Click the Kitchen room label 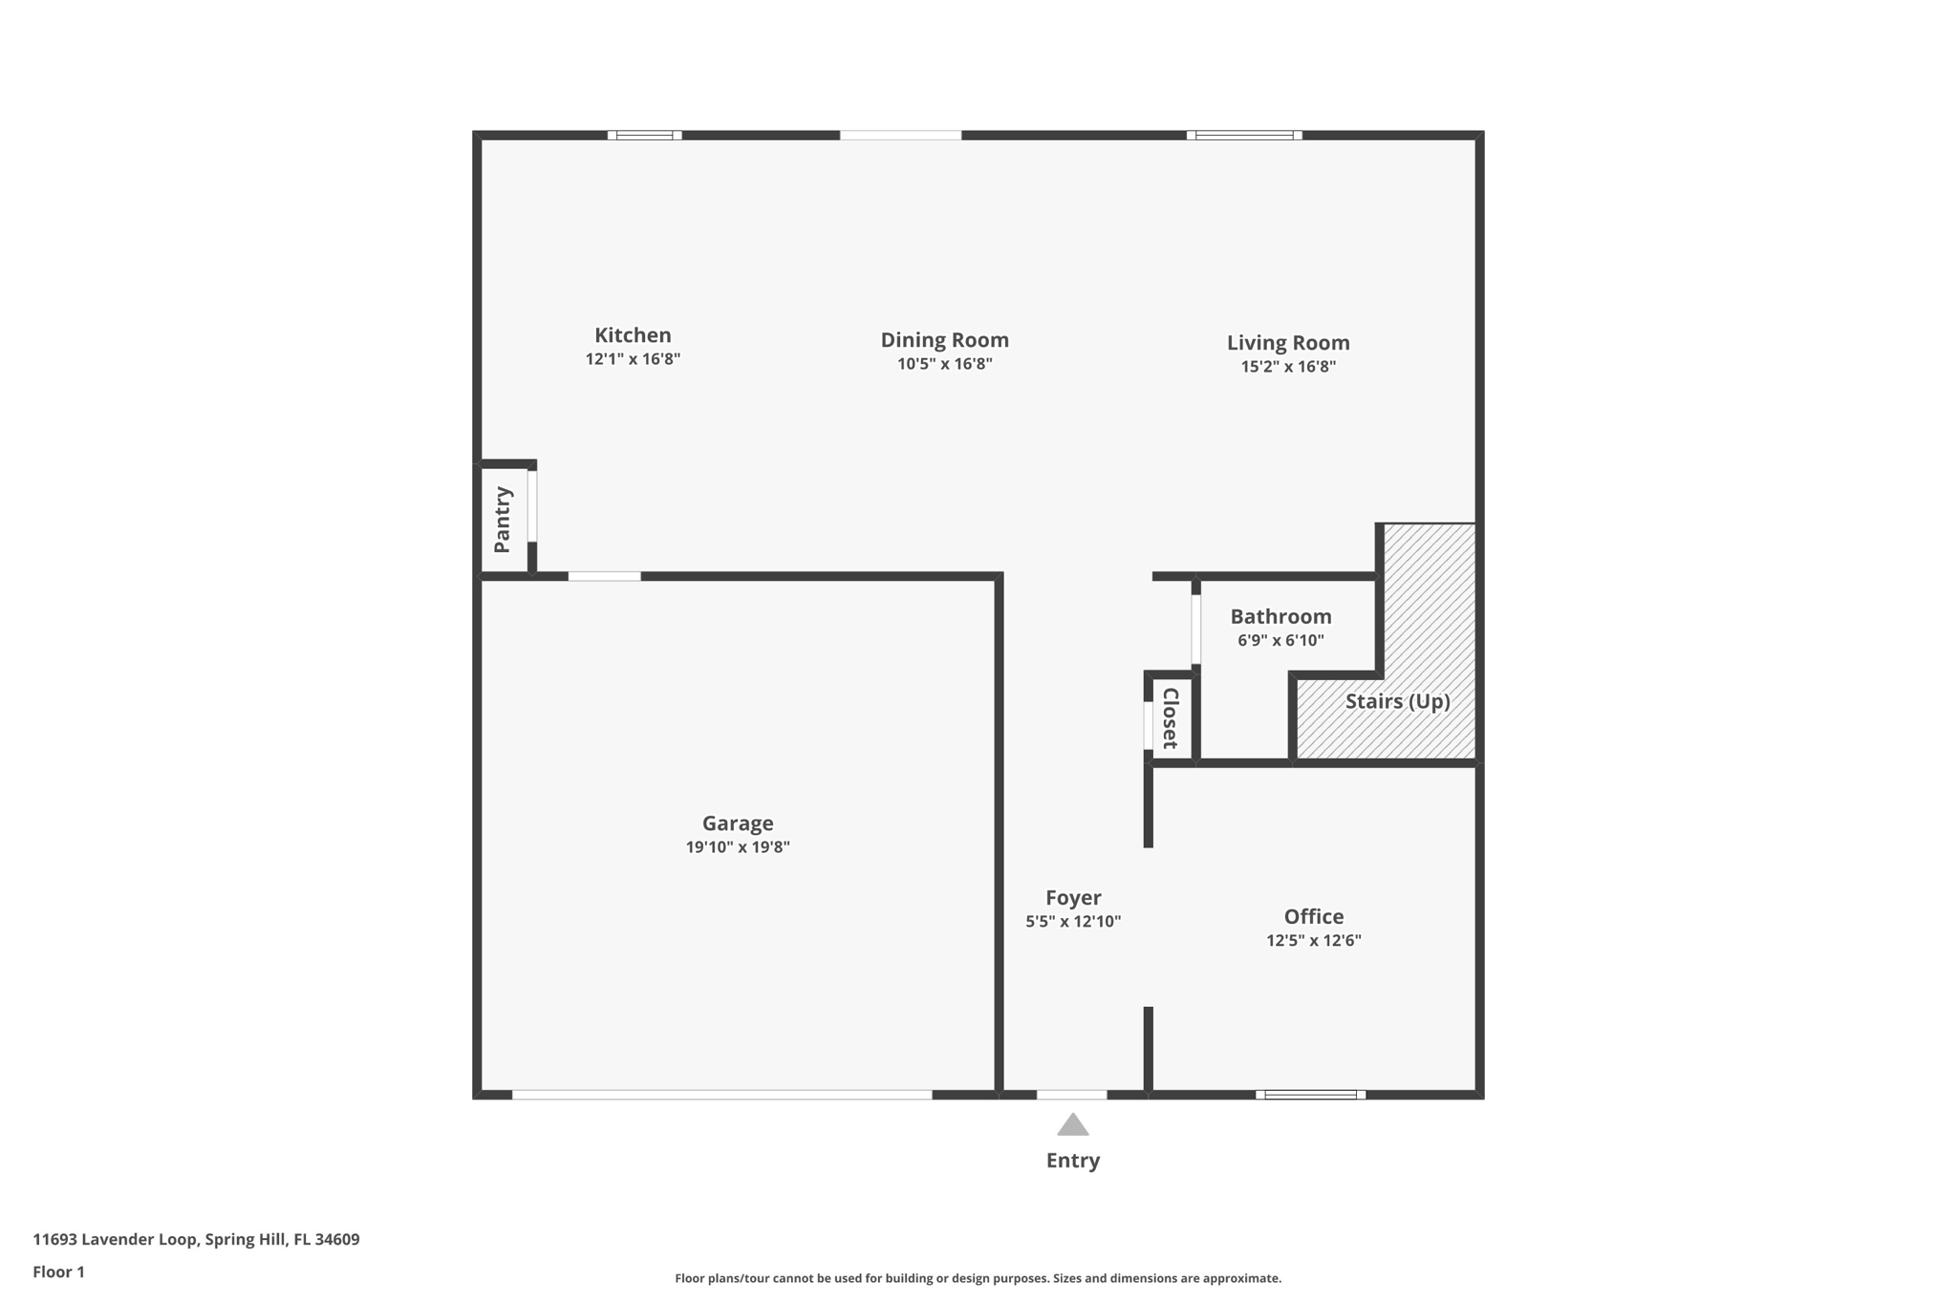(633, 335)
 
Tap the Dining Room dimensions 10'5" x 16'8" (944, 364)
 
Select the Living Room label (1287, 342)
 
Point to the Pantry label (503, 520)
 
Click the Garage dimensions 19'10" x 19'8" (737, 847)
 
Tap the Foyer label (1072, 897)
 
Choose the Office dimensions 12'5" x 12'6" (1313, 940)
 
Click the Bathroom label (1280, 616)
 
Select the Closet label (1171, 717)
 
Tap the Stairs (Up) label (1397, 701)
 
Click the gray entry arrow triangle (1072, 1125)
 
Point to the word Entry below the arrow (1072, 1160)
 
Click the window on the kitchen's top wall (644, 136)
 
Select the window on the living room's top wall (1243, 136)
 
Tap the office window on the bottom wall (1310, 1095)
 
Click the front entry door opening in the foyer (1071, 1095)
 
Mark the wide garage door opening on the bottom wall (721, 1095)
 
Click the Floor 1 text (58, 1272)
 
